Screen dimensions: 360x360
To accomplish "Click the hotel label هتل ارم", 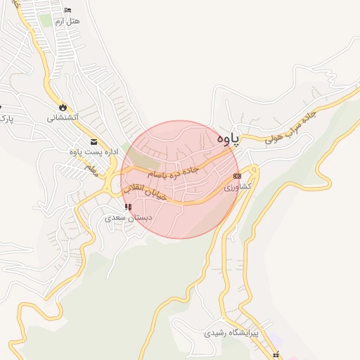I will (68, 22).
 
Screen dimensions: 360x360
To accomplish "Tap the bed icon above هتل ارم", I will (67, 10).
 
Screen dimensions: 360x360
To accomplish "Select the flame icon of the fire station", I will (63, 107).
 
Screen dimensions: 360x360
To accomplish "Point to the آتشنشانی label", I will (63, 117).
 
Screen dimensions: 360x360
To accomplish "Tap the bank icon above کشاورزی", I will (237, 175).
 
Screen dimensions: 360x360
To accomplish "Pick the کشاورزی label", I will (237, 188).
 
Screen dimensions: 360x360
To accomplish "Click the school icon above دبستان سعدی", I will (127, 207).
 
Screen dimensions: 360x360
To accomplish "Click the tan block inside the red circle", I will (139, 157).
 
